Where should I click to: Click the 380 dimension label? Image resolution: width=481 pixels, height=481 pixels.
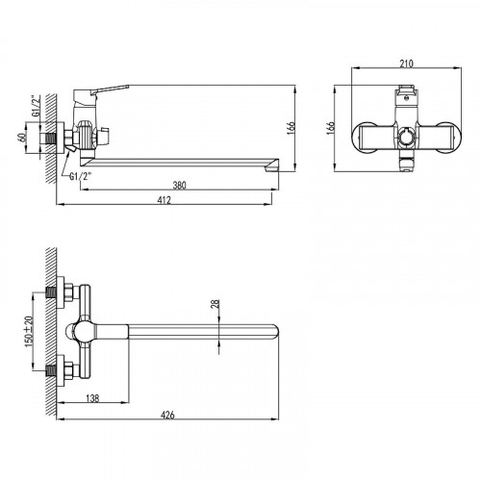tap(179, 185)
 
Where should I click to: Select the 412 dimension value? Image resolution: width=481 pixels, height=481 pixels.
tap(164, 200)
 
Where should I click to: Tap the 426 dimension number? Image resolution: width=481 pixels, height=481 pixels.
tap(167, 415)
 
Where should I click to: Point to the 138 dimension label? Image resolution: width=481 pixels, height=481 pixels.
tap(92, 398)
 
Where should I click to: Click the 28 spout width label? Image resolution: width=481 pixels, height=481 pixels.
tap(215, 304)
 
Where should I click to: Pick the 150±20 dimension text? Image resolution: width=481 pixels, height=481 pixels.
tap(29, 332)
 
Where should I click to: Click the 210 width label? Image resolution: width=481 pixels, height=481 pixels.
tap(406, 63)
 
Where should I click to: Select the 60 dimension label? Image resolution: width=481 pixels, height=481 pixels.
tap(22, 139)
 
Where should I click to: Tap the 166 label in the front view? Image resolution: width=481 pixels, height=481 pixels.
tap(331, 128)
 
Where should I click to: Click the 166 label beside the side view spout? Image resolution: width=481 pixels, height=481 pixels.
tap(291, 128)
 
